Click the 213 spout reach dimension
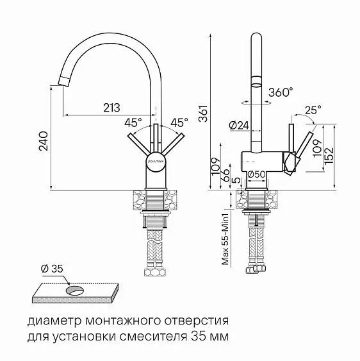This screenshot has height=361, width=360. (x=111, y=107)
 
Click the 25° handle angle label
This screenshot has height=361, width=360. (x=313, y=110)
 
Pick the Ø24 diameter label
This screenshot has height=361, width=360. (x=238, y=126)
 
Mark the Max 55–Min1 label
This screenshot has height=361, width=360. (x=225, y=240)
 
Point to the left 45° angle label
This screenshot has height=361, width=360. (x=133, y=122)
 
